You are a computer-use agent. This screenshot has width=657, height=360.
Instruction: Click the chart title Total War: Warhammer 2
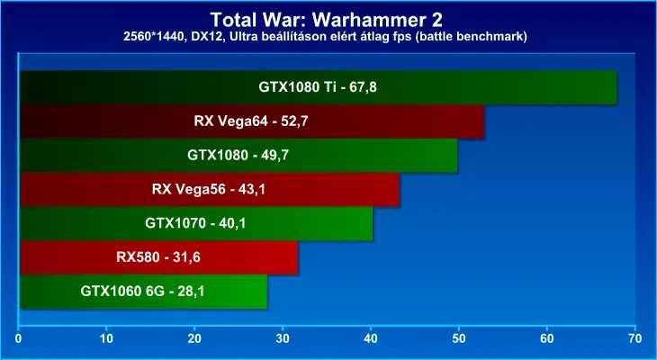(x=326, y=20)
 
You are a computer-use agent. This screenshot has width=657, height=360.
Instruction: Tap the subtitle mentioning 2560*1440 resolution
(x=325, y=37)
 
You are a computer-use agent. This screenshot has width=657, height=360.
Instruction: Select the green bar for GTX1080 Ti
(x=319, y=87)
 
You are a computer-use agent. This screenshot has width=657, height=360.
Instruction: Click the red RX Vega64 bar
(x=252, y=121)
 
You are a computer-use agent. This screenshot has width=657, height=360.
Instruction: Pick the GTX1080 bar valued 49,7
(x=238, y=156)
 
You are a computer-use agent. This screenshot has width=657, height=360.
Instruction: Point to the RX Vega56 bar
(x=210, y=189)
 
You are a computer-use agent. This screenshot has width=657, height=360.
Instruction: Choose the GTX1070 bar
(x=196, y=223)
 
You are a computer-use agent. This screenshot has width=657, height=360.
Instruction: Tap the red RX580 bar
(x=158, y=257)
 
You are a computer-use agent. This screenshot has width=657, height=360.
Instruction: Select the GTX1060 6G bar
(x=143, y=292)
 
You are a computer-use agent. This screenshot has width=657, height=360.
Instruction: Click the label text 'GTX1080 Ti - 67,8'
(x=318, y=87)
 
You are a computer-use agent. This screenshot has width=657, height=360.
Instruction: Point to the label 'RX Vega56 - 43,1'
(x=209, y=189)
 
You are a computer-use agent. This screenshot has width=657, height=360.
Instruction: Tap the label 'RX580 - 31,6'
(x=158, y=257)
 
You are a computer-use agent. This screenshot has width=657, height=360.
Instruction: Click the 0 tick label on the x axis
(x=18, y=338)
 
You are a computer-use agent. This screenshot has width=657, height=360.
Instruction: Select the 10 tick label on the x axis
(x=107, y=338)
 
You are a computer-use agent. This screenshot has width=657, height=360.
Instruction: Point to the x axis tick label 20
(x=194, y=338)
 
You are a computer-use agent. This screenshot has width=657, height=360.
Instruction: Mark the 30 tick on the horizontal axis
(x=283, y=338)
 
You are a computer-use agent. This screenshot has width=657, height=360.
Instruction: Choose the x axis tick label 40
(x=371, y=338)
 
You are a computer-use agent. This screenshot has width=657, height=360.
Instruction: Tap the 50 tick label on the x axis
(x=459, y=338)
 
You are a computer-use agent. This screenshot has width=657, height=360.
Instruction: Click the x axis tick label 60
(x=547, y=338)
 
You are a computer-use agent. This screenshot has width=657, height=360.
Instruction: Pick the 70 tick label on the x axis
(x=635, y=338)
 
